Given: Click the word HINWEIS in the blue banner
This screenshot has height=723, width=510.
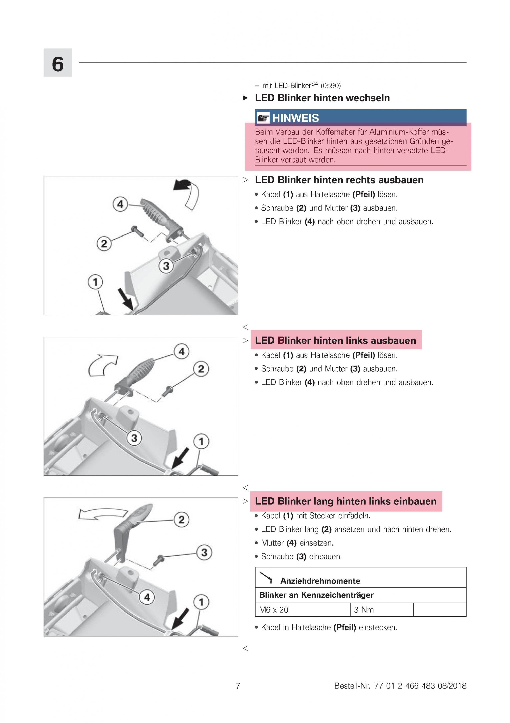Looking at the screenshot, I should [295, 118].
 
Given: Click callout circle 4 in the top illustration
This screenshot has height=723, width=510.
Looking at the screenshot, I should [120, 204].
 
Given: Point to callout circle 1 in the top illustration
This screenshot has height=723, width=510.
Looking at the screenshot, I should [95, 282].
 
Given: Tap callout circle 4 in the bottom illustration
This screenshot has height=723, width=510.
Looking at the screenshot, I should [147, 597].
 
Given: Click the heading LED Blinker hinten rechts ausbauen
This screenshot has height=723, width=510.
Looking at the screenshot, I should [339, 180].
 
